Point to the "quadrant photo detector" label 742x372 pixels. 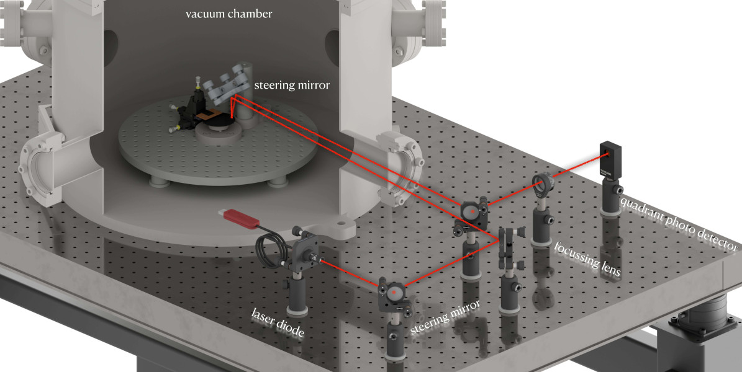[x=679, y=224]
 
